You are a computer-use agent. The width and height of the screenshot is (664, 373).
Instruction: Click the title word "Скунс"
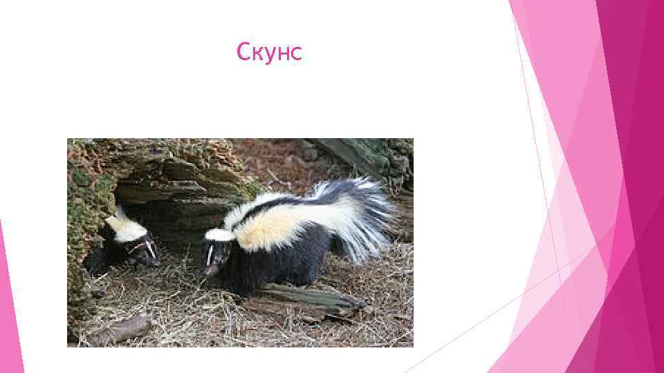pos(269,52)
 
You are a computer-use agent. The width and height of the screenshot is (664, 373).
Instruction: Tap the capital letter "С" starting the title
pos(243,52)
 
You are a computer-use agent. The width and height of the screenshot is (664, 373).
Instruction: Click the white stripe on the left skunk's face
pos(146,247)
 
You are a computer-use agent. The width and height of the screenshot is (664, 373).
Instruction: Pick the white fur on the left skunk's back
pos(124,228)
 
